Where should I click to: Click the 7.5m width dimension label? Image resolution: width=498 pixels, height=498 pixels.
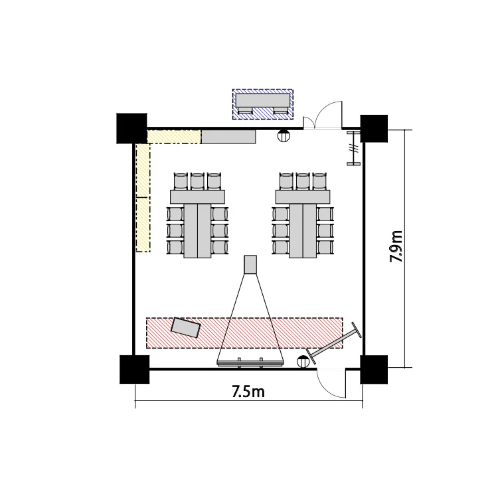pyautogui.click(x=248, y=391)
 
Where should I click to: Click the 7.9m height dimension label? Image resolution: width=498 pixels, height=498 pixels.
pyautogui.click(x=396, y=246)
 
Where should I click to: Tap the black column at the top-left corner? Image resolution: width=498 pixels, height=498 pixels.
pyautogui.click(x=132, y=128)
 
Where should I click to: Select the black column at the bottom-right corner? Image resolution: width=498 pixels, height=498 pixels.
pyautogui.click(x=374, y=369)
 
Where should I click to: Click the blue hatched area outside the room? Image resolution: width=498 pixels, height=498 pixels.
pyautogui.click(x=263, y=104)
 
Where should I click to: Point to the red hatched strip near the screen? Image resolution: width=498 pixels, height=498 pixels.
pyautogui.click(x=244, y=333)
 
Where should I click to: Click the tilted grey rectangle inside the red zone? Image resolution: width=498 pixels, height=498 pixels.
pyautogui.click(x=186, y=327)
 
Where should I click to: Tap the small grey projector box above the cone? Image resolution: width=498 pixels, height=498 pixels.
pyautogui.click(x=250, y=264)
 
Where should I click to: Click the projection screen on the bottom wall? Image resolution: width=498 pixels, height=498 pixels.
pyautogui.click(x=250, y=363)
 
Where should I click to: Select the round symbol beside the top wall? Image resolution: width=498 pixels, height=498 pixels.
pyautogui.click(x=284, y=136)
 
